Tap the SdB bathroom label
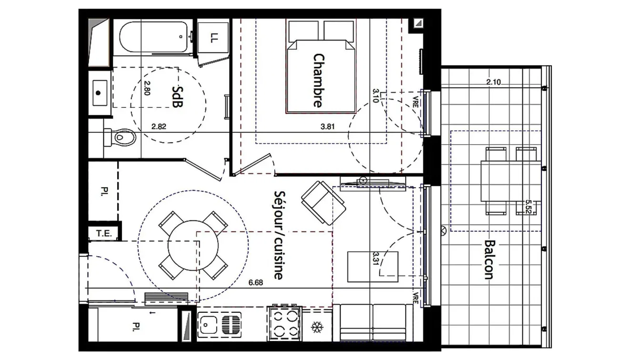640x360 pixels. pos(177,97)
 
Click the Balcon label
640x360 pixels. pos(489,260)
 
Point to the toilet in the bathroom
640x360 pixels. pos(120,138)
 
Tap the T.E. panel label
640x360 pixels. pos(104,233)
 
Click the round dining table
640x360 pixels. pos(193,245)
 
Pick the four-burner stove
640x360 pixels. pos(284,324)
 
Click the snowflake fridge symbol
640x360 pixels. pos(317,327)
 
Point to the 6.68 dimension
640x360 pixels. pos(256,282)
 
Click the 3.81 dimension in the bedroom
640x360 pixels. pos(328,126)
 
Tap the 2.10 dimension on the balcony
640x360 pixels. pos(493,82)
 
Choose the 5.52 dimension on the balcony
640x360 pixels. pos(528,207)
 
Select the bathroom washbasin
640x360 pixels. pos(100,93)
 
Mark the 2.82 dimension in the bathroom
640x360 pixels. pos(159,126)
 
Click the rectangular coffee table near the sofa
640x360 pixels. pos(372,267)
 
